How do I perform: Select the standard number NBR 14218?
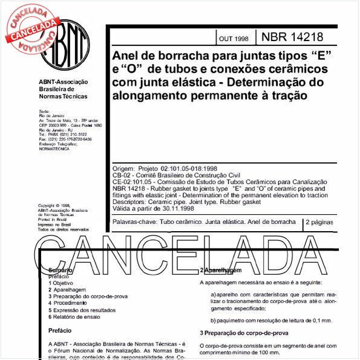coord(292,38)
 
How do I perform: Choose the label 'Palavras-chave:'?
coord(134,222)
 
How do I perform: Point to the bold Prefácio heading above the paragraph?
coord(60,330)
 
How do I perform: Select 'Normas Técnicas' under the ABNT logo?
coord(63,96)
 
